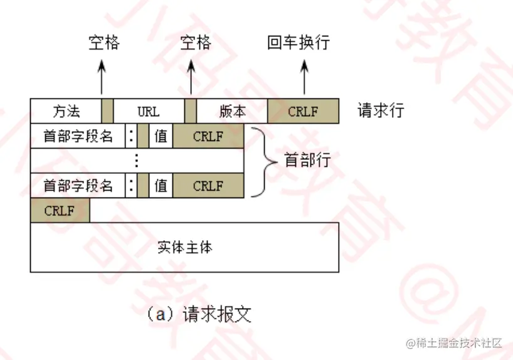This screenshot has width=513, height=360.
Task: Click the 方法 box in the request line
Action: [65, 111]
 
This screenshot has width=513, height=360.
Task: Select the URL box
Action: [149, 111]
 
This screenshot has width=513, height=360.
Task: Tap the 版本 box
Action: [232, 111]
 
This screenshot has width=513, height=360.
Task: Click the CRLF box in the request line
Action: [303, 111]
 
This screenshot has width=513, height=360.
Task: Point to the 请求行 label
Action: [381, 111]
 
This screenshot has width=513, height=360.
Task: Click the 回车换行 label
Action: [299, 43]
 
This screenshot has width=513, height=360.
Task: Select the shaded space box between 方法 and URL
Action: [107, 111]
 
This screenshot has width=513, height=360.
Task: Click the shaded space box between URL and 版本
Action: [191, 111]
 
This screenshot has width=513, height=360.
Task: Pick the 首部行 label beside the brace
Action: [307, 160]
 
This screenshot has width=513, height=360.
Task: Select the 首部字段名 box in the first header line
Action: [78, 135]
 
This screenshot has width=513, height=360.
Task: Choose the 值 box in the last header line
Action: [161, 186]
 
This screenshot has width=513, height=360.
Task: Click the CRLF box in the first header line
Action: [208, 135]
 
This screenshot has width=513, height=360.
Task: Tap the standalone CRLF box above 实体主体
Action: [60, 211]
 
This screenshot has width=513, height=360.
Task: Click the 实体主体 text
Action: [184, 246]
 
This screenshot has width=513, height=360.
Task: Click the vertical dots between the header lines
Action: [137, 161]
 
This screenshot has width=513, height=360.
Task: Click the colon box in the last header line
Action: [131, 186]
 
